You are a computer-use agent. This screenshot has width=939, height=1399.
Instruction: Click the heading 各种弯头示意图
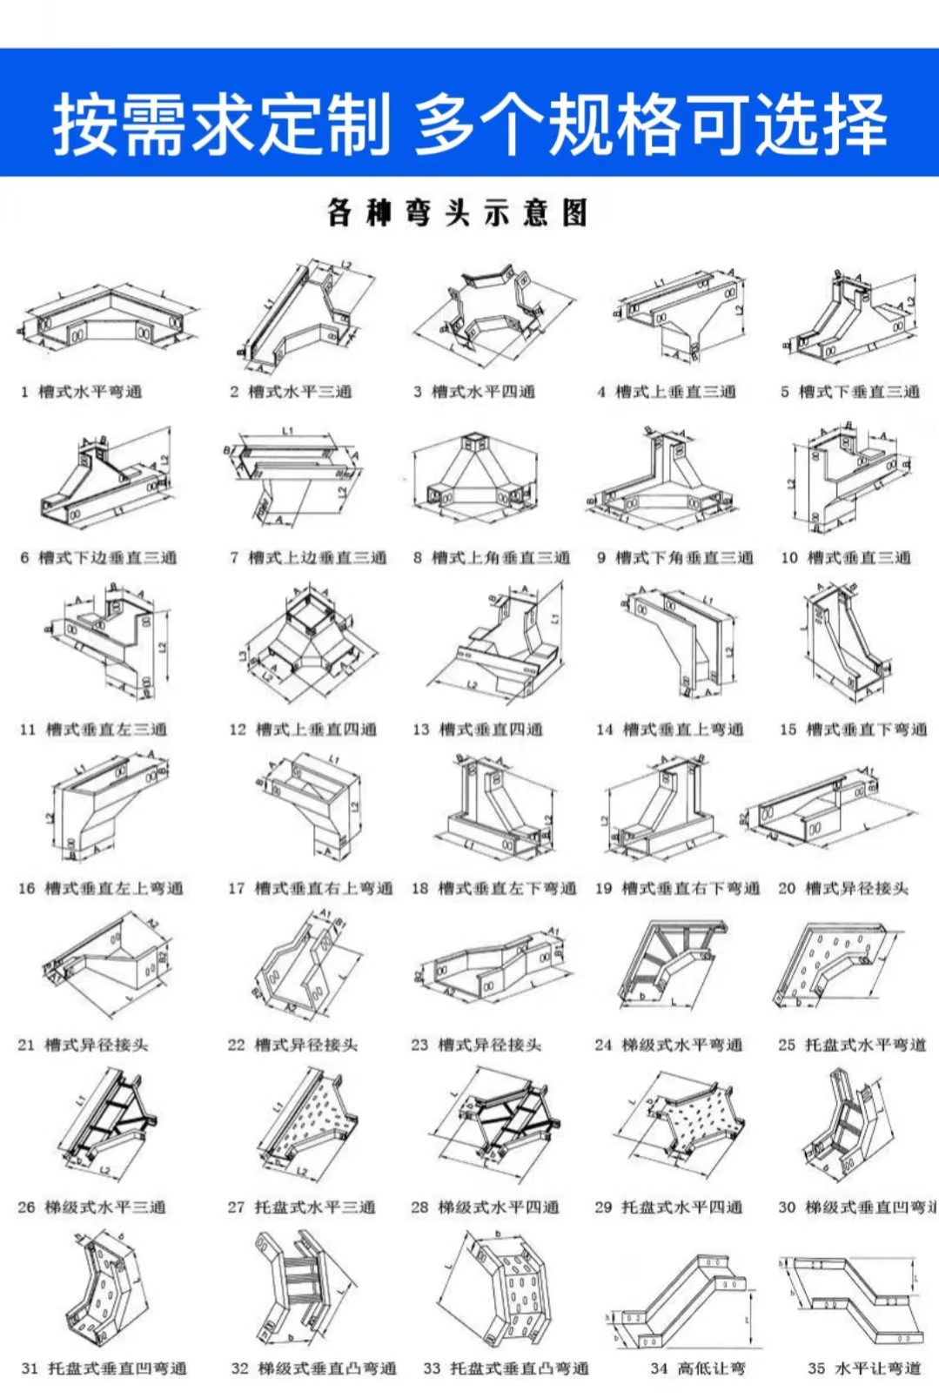click(458, 212)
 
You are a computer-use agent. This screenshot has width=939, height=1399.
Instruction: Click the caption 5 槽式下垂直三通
click(849, 392)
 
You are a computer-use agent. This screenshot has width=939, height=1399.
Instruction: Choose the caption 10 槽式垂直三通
click(846, 557)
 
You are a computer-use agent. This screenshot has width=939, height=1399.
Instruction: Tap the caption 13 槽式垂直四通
click(478, 729)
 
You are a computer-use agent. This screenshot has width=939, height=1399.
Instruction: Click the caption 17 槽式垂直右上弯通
click(310, 888)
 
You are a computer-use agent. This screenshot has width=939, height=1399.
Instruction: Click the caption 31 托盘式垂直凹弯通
click(104, 1369)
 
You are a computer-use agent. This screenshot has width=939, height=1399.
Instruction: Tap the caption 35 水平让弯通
click(863, 1369)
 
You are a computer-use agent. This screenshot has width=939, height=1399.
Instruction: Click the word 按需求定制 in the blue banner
click(221, 124)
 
